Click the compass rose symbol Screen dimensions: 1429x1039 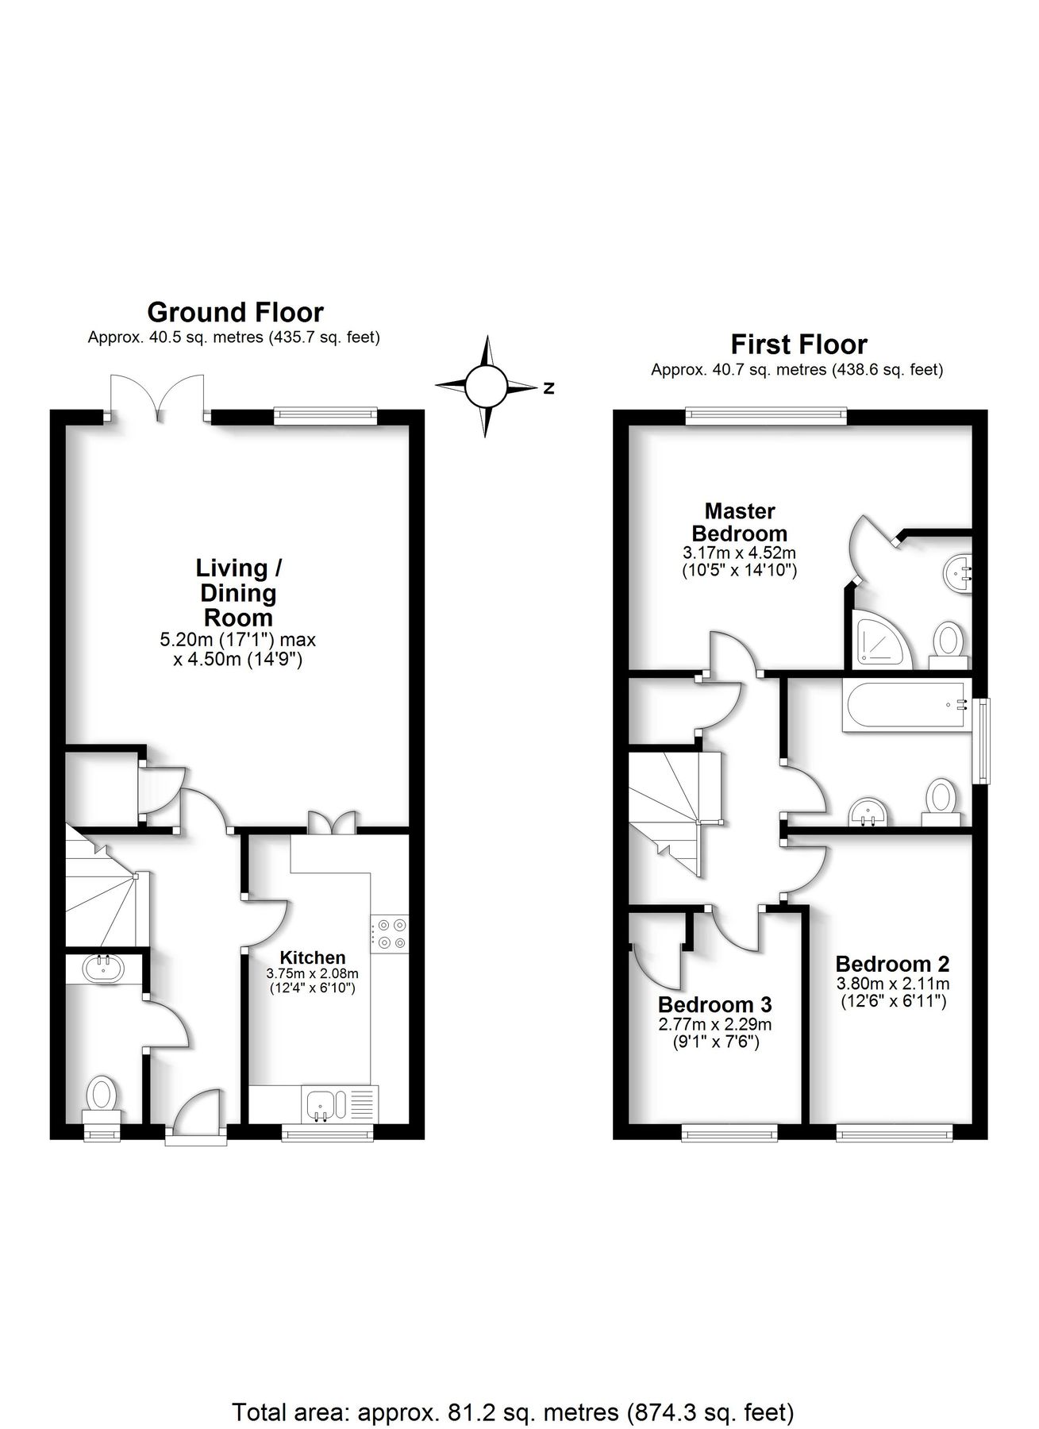486,387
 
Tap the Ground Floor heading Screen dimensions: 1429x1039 235,311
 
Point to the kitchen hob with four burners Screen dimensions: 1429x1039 390,933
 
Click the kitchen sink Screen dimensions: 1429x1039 321,1104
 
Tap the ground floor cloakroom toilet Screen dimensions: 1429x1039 101,1095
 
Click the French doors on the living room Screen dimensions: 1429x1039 159,397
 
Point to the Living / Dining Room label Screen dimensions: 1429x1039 238,592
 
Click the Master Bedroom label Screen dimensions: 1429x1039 739,522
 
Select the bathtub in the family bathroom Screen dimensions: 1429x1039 906,705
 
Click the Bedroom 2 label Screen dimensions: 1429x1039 892,964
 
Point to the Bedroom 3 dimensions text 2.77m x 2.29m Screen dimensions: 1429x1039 714,1025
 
